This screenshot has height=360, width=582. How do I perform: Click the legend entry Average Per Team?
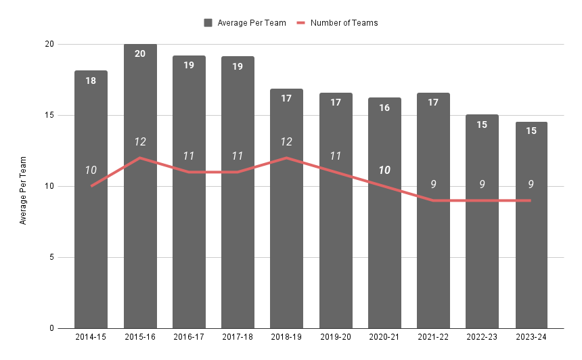pyautogui.click(x=245, y=22)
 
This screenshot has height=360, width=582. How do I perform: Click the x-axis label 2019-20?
pyautogui.click(x=336, y=336)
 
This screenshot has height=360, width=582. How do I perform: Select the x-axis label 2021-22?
pyautogui.click(x=433, y=336)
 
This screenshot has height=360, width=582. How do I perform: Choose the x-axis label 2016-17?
pyautogui.click(x=189, y=336)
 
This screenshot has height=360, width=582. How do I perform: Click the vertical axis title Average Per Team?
pyautogui.click(x=23, y=190)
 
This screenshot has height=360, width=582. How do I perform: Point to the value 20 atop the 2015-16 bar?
pyautogui.click(x=140, y=53)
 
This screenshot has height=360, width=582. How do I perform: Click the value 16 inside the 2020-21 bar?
pyautogui.click(x=384, y=108)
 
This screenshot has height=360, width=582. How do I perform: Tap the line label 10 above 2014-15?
pyautogui.click(x=91, y=170)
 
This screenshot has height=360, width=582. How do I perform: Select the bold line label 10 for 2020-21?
pyautogui.click(x=384, y=170)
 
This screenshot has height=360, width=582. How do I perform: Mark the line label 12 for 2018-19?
pyautogui.click(x=286, y=141)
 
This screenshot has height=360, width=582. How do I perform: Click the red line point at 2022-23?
pyautogui.click(x=483, y=200)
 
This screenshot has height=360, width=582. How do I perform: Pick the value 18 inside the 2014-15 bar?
pyautogui.click(x=91, y=81)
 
